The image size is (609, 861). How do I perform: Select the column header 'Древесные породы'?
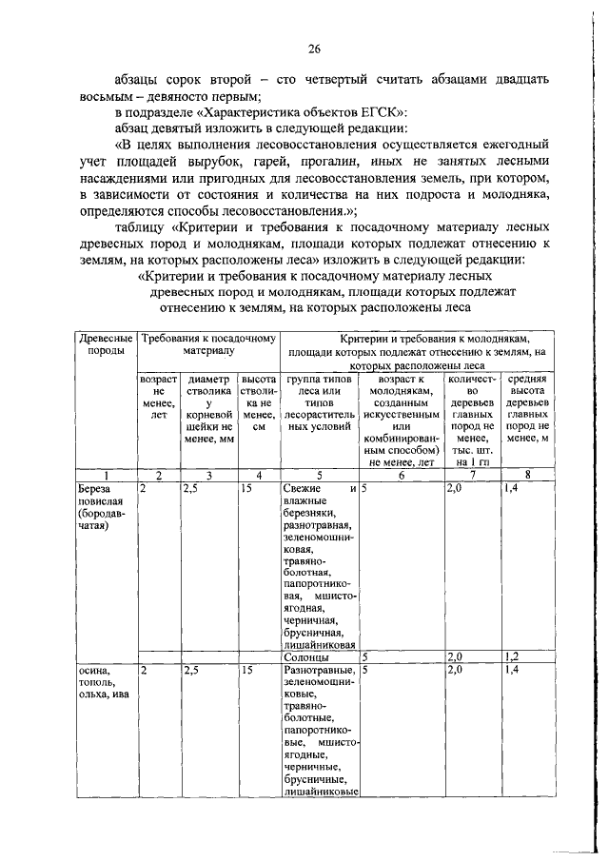pos(105,343)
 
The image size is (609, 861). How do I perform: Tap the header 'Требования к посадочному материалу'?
pos(208,343)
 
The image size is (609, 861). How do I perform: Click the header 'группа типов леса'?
pos(319,407)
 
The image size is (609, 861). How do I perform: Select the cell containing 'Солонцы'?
pos(307,656)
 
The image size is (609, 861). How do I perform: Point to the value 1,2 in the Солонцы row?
pos(512,656)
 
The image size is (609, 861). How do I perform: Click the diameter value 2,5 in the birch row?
pos(190,488)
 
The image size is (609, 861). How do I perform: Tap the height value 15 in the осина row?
pos(247,671)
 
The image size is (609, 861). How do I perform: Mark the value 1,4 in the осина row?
pos(512,671)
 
